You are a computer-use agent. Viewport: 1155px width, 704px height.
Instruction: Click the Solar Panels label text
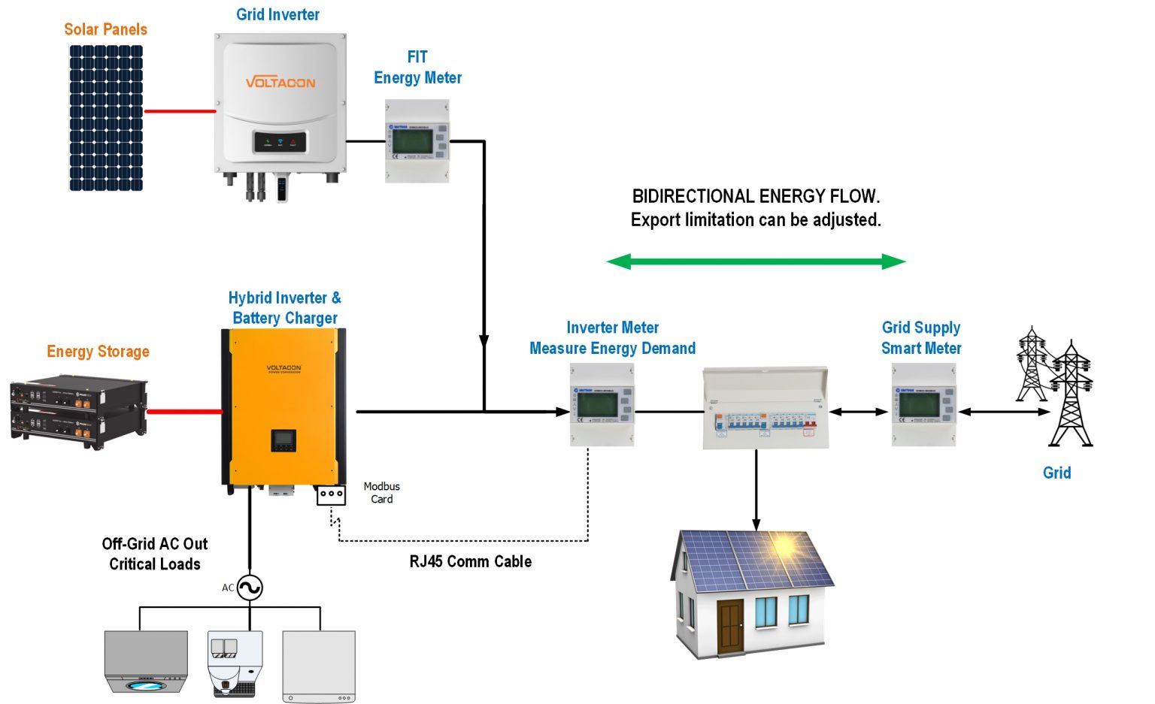coord(105,29)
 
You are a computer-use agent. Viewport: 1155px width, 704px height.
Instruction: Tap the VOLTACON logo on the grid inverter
coord(280,82)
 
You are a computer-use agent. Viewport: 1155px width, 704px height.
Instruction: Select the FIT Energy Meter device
coord(417,140)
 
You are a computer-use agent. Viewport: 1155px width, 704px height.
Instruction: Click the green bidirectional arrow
coord(756,261)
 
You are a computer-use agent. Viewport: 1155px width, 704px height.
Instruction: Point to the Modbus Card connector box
coord(331,495)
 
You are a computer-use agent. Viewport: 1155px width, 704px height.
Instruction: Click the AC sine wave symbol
coord(250,588)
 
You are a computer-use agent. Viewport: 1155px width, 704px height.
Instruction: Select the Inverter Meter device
coord(602,405)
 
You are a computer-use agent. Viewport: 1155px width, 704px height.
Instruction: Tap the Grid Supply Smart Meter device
coord(923,405)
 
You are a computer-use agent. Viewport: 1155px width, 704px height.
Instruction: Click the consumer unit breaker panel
coord(765,409)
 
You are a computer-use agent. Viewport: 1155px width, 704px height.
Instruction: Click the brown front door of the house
coord(730,627)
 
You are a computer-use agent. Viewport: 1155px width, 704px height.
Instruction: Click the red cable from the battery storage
coord(184,412)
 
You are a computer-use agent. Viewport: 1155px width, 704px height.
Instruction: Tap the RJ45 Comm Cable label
coord(470,561)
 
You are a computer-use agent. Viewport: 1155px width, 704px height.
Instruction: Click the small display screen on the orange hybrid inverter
coord(283,440)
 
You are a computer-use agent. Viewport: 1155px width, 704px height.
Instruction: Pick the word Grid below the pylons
coord(1056,473)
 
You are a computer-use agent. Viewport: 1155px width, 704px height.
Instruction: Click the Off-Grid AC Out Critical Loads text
coord(155,554)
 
